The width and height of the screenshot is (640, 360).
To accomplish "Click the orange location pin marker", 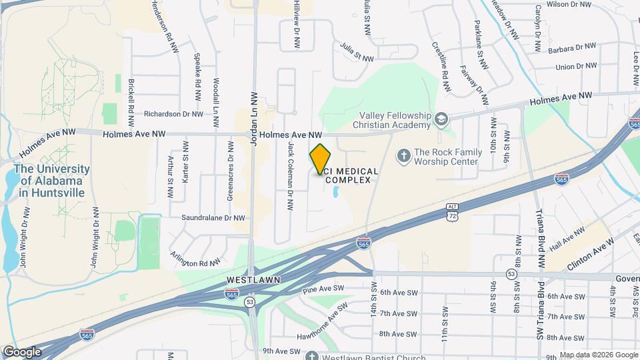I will tap(321, 159).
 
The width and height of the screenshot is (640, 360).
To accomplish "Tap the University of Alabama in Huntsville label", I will tap(51, 181).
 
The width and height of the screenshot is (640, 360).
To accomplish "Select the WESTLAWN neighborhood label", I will tap(253, 279).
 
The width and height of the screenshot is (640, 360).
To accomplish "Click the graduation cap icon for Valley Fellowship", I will tap(440, 119).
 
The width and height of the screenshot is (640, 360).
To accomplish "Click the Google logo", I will tap(22, 351).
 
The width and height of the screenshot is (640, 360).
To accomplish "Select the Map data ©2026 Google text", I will tap(598, 355).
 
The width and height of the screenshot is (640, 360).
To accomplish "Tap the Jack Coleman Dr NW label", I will tap(291, 176).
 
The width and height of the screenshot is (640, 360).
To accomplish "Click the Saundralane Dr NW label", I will tap(213, 217).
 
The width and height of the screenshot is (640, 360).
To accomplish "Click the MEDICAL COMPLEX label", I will tap(352, 176).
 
